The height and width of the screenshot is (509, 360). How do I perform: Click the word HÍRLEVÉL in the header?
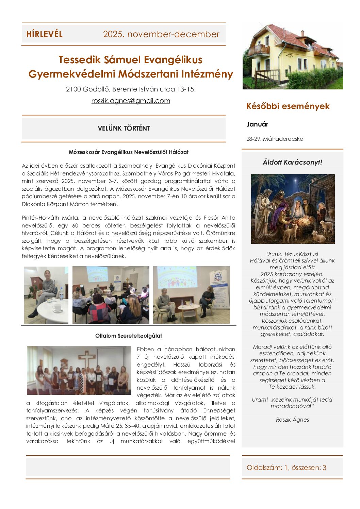pyautogui.click(x=44, y=34)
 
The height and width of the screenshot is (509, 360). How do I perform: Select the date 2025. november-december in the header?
pyautogui.click(x=161, y=34)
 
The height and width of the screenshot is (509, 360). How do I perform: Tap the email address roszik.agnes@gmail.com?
pyautogui.click(x=131, y=101)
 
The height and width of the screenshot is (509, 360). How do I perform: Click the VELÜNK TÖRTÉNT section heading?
pyautogui.click(x=124, y=128)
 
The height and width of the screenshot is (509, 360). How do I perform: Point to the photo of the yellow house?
pyautogui.click(x=293, y=56)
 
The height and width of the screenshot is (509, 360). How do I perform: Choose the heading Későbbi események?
pyautogui.click(x=288, y=106)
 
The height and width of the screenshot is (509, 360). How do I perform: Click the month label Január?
pyautogui.click(x=257, y=124)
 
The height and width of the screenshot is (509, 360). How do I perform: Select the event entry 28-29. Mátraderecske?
pyautogui.click(x=275, y=139)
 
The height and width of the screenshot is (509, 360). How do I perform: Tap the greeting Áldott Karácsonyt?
pyautogui.click(x=292, y=162)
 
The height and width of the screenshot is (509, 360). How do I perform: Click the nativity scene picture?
pyautogui.click(x=293, y=209)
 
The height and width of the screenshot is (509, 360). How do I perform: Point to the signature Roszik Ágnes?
pyautogui.click(x=292, y=420)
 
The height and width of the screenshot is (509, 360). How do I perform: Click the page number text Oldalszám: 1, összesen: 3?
pyautogui.click(x=286, y=468)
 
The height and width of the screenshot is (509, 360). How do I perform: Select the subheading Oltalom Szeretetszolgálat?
pyautogui.click(x=129, y=336)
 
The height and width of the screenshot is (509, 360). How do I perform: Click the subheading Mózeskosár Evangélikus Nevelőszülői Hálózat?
pyautogui.click(x=129, y=152)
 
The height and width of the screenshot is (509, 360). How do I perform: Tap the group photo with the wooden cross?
pyautogui.click(x=79, y=370)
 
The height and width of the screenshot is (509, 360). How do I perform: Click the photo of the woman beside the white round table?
pyautogui.click(x=46, y=295)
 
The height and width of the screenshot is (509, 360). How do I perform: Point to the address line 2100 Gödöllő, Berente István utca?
pyautogui.click(x=131, y=89)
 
